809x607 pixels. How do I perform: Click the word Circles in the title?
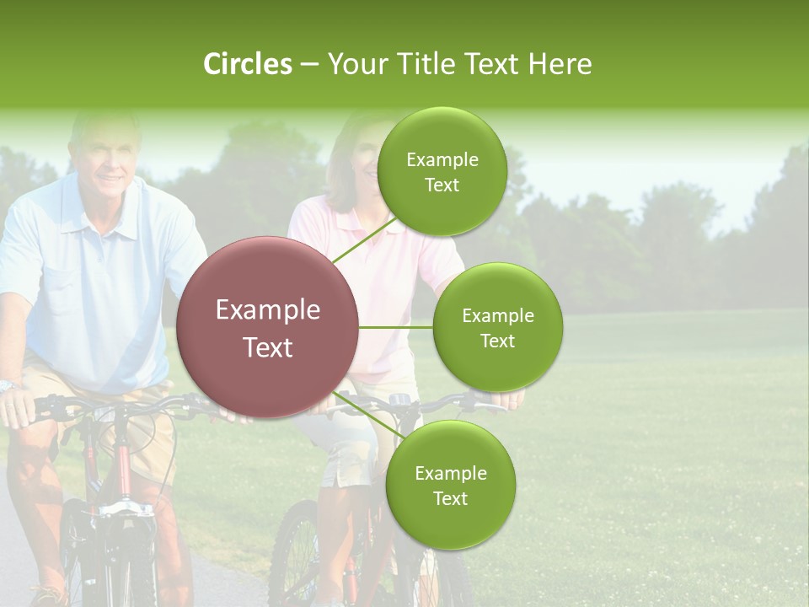(248, 64)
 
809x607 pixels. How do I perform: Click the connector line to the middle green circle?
(396, 327)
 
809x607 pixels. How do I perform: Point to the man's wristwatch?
(8, 385)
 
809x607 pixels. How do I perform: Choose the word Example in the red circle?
(268, 310)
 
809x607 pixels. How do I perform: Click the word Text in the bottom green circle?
(450, 498)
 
